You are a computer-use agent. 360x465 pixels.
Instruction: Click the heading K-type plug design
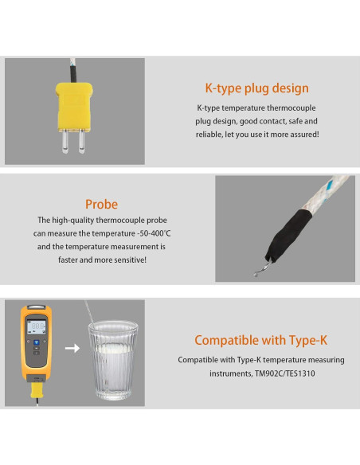[256, 88]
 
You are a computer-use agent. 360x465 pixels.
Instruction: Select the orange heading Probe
[101, 204]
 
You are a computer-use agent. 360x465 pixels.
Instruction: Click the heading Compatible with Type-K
[260, 340]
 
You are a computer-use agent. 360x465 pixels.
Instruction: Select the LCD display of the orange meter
[37, 326]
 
